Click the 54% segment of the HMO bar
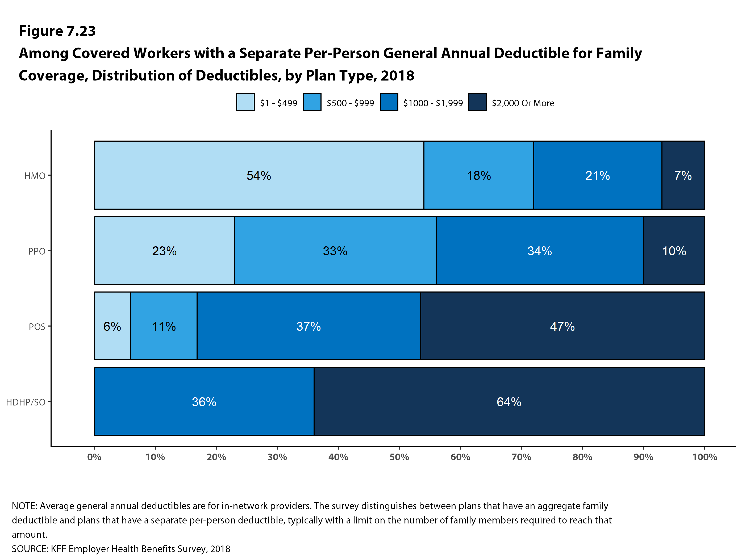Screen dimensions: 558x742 259,175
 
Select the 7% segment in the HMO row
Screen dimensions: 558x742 683,175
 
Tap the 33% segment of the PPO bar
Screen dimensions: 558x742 335,251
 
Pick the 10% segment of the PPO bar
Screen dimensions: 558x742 674,251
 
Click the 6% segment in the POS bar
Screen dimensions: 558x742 112,326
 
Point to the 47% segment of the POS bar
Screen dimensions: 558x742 562,326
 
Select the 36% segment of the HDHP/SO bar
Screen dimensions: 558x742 204,401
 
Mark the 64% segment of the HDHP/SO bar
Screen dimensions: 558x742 509,401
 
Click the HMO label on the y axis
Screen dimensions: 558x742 35,176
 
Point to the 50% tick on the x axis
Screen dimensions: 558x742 399,457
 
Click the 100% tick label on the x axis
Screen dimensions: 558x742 705,457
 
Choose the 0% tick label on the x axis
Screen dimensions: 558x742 94,457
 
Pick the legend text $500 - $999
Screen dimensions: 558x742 350,103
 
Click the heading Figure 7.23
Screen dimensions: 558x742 57,31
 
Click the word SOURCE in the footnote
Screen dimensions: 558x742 30,549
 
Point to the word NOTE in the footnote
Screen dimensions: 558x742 24,506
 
